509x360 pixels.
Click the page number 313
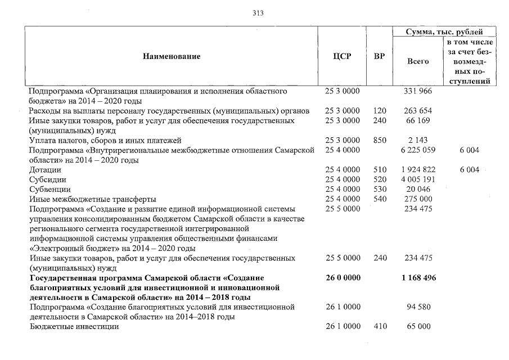259,13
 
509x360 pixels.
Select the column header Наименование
171,56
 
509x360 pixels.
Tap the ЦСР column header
342,56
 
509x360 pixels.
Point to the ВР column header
379,56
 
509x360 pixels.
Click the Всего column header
417,61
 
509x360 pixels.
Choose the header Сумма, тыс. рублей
444,32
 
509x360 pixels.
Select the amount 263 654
417,111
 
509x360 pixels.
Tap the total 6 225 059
417,150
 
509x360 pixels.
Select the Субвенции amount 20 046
417,190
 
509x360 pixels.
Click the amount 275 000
417,199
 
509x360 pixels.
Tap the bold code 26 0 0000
342,278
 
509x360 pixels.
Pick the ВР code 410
379,327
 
